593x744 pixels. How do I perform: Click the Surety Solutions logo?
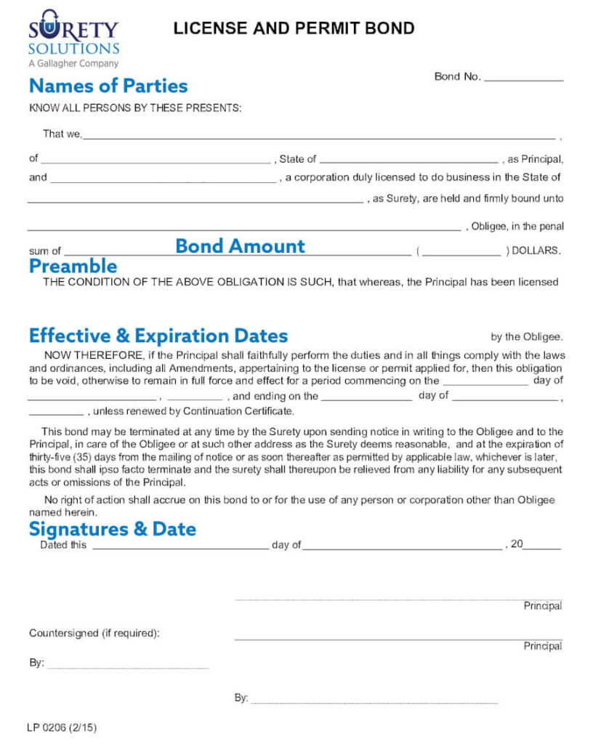(73, 33)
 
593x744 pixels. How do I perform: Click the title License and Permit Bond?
(294, 28)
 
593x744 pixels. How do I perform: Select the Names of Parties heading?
(108, 86)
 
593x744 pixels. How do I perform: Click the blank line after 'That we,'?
(320, 135)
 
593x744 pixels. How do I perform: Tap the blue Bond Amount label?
(240, 246)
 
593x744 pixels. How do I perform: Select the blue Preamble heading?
(73, 266)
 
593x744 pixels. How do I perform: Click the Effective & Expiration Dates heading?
(158, 336)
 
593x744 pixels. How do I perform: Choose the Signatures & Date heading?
(113, 528)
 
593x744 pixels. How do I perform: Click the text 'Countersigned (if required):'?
(94, 633)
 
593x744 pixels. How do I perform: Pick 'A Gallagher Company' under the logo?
(73, 64)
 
